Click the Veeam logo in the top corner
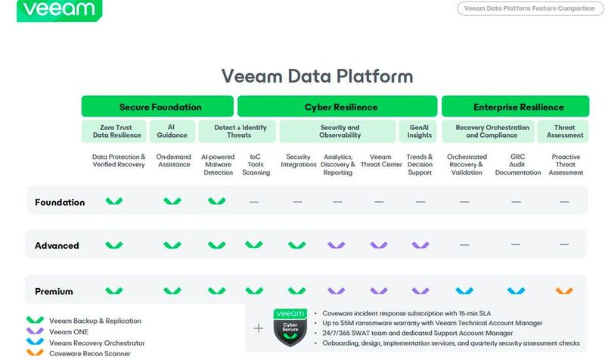point(49,10)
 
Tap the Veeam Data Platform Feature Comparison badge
point(529,8)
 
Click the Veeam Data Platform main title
point(317,76)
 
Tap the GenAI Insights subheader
point(420,132)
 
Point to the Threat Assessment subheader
point(565,132)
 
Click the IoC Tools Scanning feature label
point(256,164)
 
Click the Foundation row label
point(60,202)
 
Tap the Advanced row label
point(57,246)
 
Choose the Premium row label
point(55,291)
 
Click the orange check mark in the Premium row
point(564,291)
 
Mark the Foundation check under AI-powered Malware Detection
point(216,202)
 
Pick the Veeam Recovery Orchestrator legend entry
point(98,343)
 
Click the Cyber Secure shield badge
point(289,327)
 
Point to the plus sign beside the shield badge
point(259,328)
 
